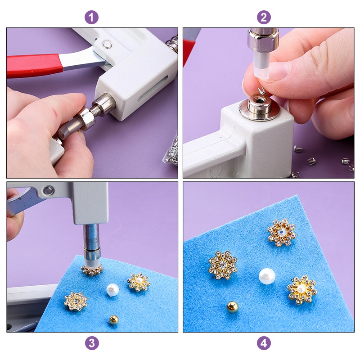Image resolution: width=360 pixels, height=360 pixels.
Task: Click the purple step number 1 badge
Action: [91, 18]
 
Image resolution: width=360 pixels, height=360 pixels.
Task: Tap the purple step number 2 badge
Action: [264, 18]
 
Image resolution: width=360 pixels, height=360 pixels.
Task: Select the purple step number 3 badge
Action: [91, 343]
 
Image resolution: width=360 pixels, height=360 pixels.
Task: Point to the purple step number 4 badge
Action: [264, 343]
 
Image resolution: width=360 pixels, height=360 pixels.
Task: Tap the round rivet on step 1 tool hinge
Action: [107, 44]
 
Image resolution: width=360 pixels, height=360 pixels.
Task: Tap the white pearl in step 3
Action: [112, 289]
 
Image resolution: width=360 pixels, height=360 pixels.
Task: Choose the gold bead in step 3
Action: [113, 319]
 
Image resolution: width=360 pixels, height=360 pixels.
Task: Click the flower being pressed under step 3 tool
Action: [92, 270]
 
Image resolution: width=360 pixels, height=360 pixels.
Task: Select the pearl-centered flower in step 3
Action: [138, 282]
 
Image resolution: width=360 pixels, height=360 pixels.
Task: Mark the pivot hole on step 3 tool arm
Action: [48, 191]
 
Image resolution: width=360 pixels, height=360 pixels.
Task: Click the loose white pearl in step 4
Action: [267, 276]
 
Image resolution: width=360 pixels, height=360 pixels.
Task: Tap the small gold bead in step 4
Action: [233, 307]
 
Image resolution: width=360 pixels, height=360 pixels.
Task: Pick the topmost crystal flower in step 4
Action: [282, 232]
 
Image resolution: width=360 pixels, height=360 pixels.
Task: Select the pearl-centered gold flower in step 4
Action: [302, 289]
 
